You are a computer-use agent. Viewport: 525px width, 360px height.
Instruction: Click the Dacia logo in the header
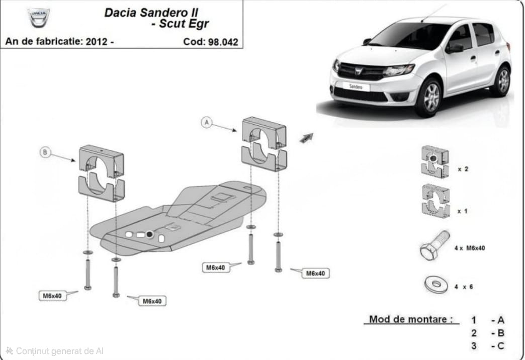(39, 18)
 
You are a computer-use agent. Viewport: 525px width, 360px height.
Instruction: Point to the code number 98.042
(222, 42)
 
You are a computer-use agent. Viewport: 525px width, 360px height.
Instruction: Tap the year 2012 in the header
(97, 42)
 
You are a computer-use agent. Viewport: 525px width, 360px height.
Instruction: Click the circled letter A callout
(206, 122)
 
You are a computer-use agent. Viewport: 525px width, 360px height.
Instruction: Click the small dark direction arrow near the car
(306, 137)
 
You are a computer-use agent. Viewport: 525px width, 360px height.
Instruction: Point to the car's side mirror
(455, 48)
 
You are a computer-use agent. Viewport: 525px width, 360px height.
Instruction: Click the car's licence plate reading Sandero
(356, 86)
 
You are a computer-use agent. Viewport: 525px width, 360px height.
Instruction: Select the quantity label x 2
(463, 169)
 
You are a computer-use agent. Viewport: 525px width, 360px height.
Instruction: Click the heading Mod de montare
(411, 319)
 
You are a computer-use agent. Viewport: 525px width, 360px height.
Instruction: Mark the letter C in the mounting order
(500, 346)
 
